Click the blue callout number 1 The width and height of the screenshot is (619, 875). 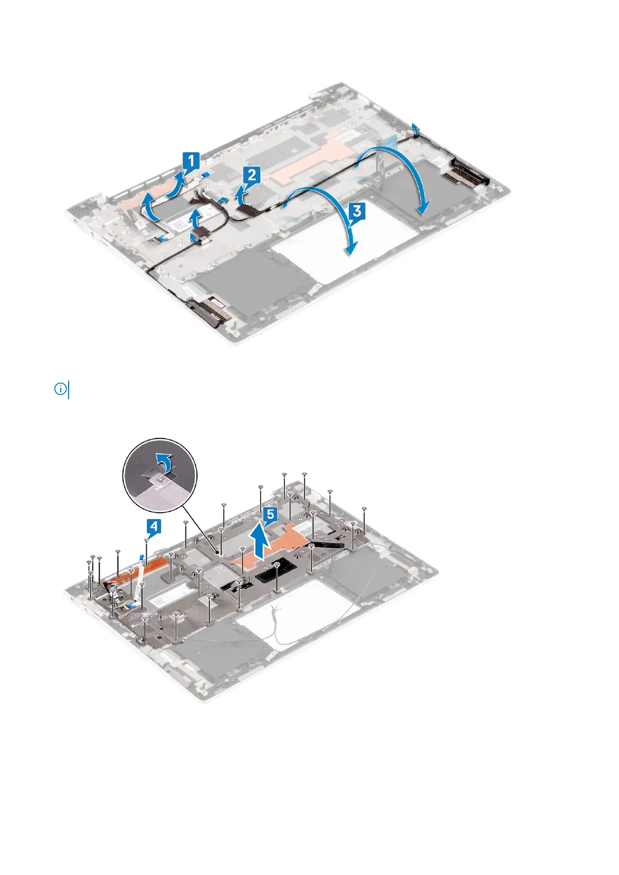click(x=191, y=161)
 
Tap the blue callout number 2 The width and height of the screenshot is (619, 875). click(x=252, y=175)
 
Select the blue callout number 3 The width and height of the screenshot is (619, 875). click(x=356, y=211)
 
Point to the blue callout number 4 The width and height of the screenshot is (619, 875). click(x=153, y=527)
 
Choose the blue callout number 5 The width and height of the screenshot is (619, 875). click(x=269, y=515)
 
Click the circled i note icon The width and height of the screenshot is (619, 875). click(x=60, y=389)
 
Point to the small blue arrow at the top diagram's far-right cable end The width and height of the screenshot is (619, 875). click(x=414, y=127)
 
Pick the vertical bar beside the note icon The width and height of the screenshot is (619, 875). click(x=69, y=389)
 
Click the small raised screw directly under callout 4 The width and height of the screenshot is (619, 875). click(x=147, y=541)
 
